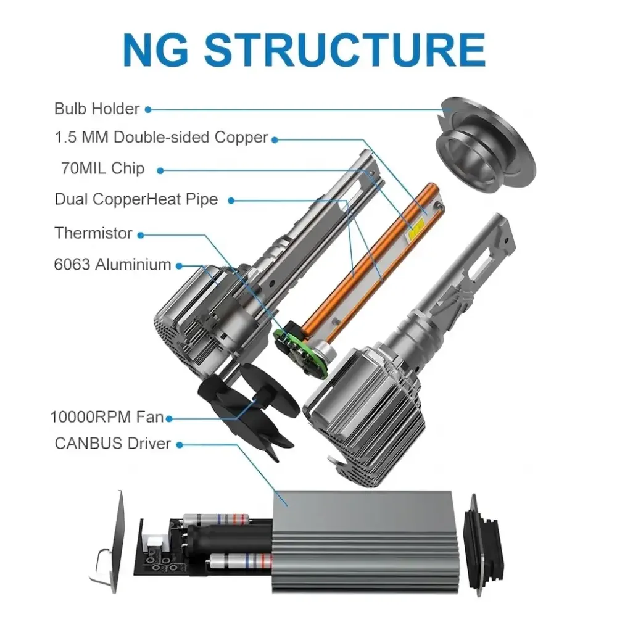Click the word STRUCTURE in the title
(x=345, y=50)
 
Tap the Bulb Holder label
(x=97, y=109)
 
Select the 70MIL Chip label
(x=102, y=168)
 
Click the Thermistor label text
(x=93, y=233)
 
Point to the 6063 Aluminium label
(x=112, y=265)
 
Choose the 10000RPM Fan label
(x=107, y=416)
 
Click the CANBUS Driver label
(x=112, y=444)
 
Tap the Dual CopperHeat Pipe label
(x=136, y=199)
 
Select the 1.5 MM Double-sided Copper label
(x=161, y=138)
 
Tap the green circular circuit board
(x=301, y=347)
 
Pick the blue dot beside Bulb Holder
(x=148, y=110)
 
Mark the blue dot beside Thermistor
(x=141, y=235)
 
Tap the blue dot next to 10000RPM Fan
(x=169, y=419)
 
